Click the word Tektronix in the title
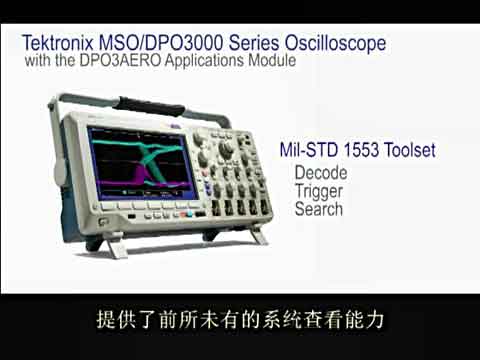(55, 43)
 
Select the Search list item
(319, 209)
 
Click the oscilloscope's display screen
(131, 164)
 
